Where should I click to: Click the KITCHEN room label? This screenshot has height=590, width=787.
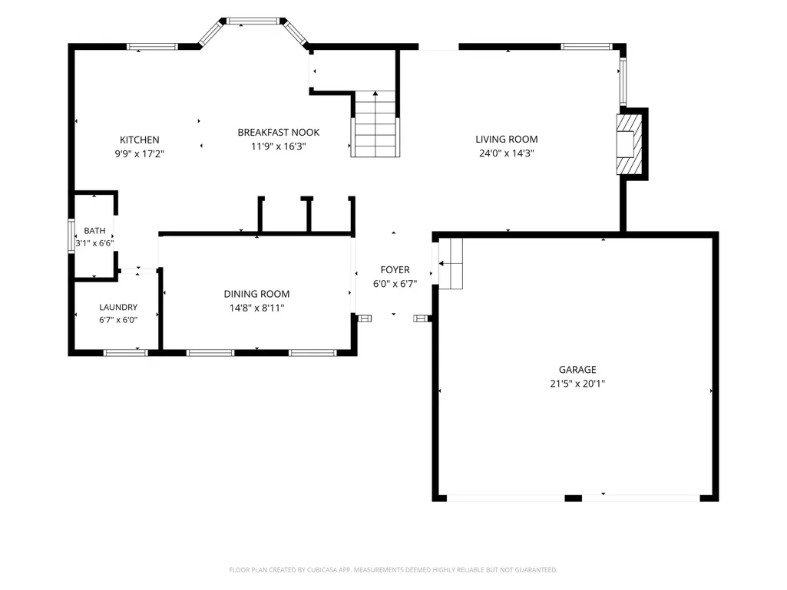pos(140,140)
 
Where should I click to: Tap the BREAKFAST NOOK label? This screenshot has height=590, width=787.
pos(279,133)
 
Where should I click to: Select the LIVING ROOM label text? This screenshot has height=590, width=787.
pos(507,140)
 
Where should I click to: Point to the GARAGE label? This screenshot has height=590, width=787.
pos(577,370)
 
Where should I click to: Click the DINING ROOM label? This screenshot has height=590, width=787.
pos(256,294)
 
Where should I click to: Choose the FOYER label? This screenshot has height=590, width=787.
pos(395,270)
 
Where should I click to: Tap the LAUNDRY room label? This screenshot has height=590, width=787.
pos(118,307)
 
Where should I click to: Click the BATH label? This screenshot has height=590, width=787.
pos(95,231)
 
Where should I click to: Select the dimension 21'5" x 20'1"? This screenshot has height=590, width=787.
pos(577,384)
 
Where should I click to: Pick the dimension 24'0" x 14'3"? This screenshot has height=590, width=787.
pos(507,153)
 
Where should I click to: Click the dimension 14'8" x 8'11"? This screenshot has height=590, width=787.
pos(257,308)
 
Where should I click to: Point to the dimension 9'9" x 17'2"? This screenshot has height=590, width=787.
pos(140,154)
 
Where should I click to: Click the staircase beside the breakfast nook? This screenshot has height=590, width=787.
pos(375,124)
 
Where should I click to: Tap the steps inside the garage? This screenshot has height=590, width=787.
pos(451,263)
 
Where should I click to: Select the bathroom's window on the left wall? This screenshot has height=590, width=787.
pos(71,236)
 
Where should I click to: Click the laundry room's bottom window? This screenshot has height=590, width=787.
pos(125,353)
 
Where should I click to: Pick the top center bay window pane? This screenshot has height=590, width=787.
pos(253,21)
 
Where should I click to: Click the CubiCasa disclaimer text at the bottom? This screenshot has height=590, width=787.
pos(393,570)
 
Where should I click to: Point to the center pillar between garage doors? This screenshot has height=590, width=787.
pos(574,498)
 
